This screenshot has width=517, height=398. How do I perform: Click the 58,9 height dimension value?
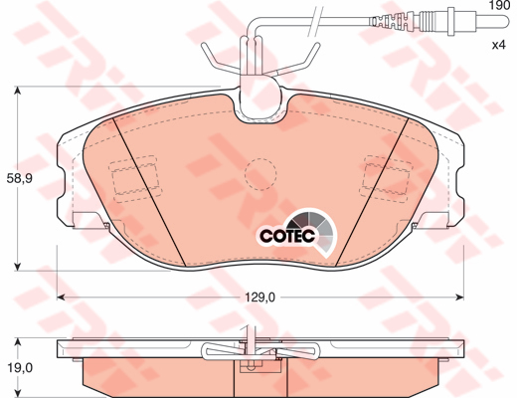coord(20,179)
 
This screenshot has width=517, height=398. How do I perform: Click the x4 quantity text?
coord(500,46)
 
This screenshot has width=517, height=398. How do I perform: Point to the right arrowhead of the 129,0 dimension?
coord(460,297)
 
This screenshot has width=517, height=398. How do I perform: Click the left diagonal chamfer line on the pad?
coord(140,189)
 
